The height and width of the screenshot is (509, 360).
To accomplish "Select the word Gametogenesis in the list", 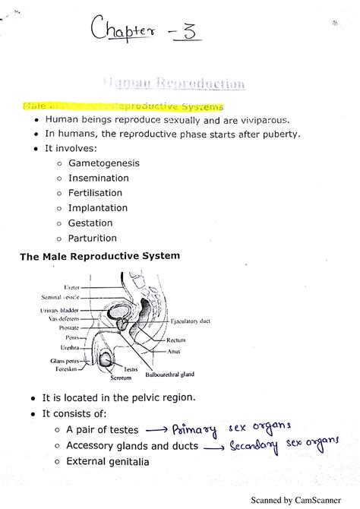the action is point(103,163).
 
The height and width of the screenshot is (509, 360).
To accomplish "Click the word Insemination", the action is point(99,178).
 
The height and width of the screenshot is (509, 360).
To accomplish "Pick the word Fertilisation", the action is point(98,193).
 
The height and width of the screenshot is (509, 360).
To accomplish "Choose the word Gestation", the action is point(90,223).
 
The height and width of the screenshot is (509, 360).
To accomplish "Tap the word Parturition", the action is point(93,238).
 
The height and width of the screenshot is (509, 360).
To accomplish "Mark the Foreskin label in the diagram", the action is point(68,368).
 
